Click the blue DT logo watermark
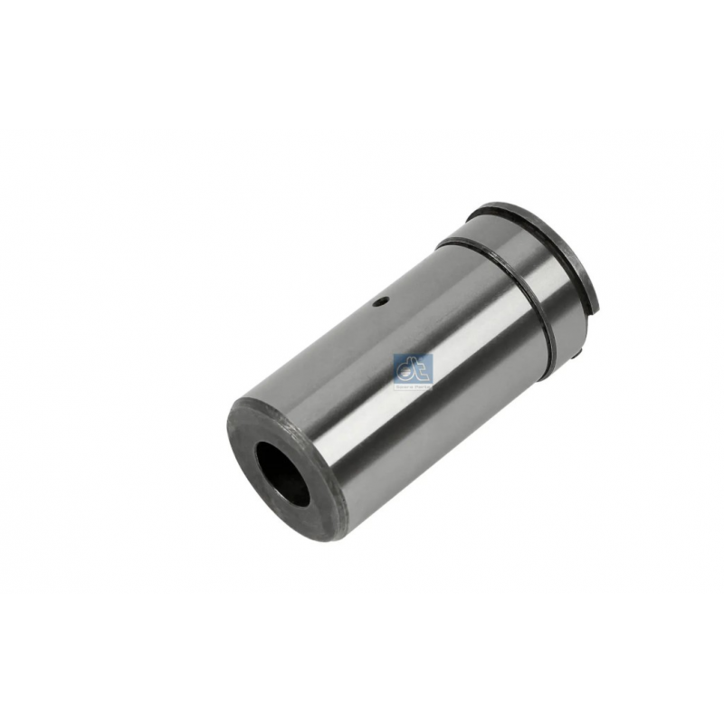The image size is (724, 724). [414, 370]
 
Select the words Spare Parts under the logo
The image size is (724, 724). [414, 385]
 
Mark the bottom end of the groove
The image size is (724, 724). [551, 353]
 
